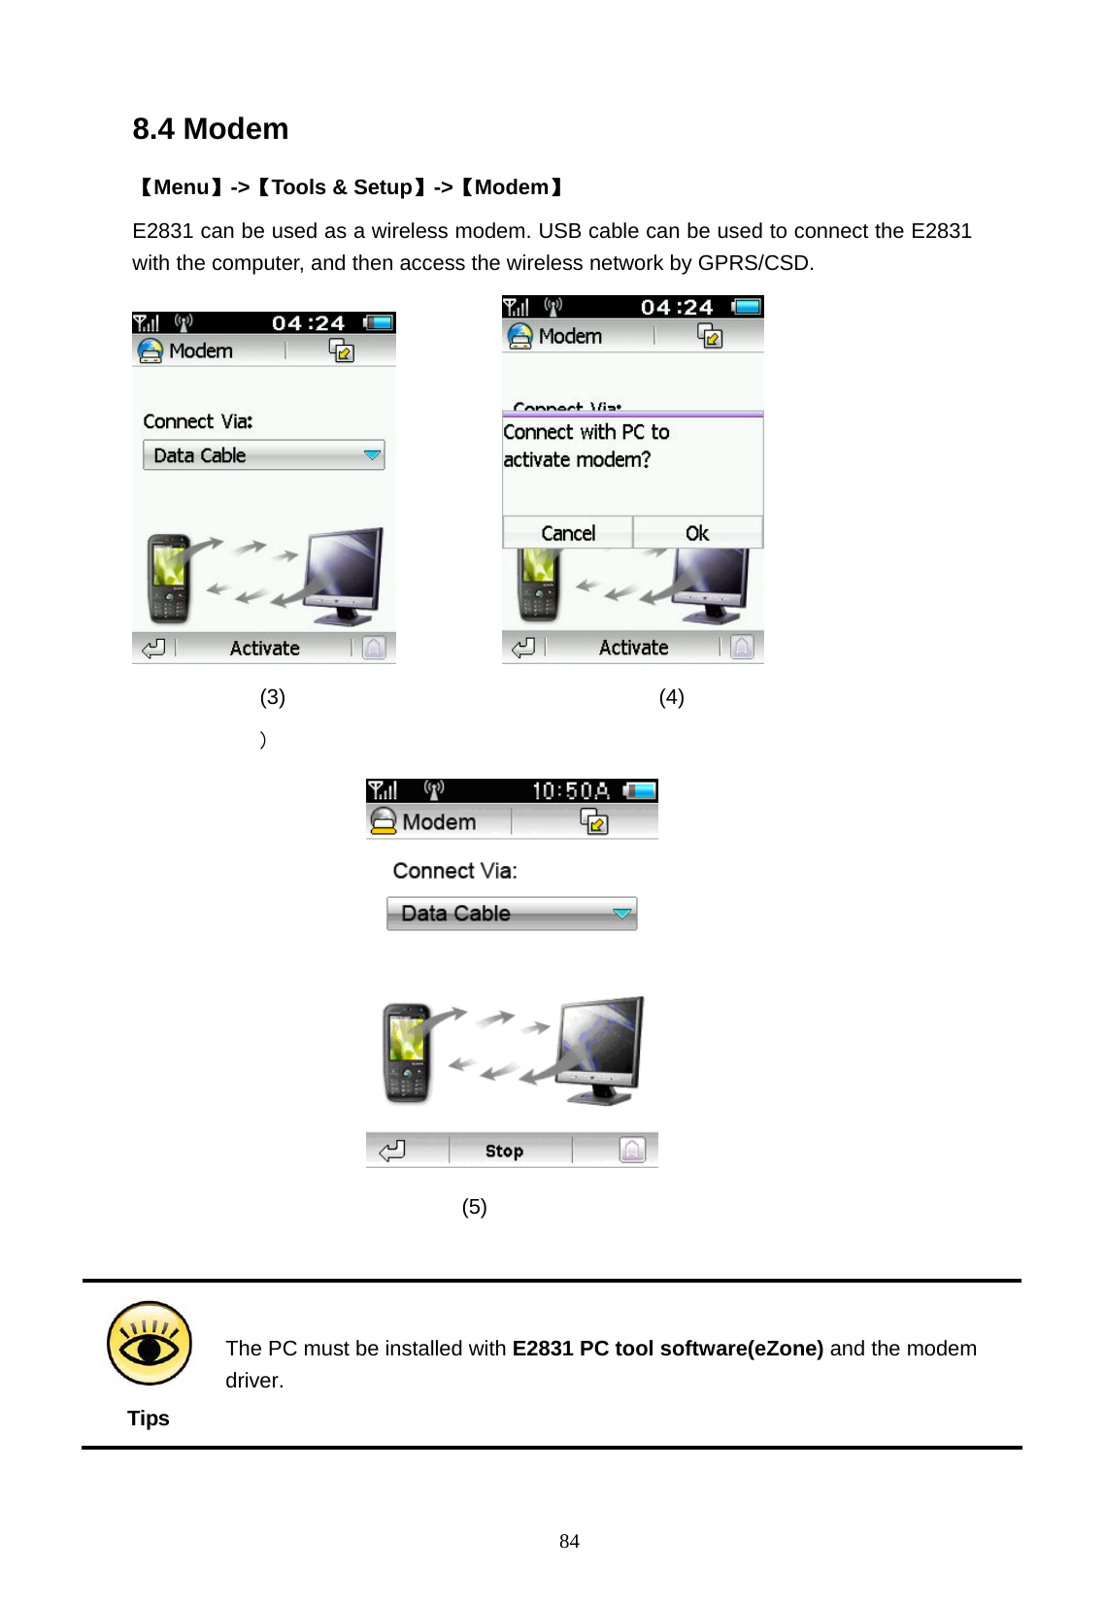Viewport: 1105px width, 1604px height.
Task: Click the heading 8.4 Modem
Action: tap(211, 129)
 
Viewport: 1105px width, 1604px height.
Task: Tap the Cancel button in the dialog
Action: tap(568, 533)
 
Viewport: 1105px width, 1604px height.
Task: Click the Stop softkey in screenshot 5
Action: tap(504, 1151)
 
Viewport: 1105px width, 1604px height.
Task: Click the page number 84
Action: tap(569, 1541)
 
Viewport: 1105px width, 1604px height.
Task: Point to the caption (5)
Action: tap(474, 1207)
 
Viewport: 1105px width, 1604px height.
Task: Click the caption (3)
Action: tap(272, 697)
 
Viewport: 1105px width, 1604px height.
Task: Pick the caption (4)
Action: tap(671, 697)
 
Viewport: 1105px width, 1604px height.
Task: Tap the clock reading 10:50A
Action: tap(571, 791)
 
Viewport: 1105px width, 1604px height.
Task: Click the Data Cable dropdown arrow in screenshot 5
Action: tap(622, 914)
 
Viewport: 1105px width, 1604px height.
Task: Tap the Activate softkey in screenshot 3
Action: tap(264, 648)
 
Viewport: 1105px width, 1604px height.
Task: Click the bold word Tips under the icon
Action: tap(149, 1419)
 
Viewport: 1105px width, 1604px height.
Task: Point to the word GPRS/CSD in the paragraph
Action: tap(753, 263)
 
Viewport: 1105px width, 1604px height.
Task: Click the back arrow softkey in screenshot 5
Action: tap(392, 1151)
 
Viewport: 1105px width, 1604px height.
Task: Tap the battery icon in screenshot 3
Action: tap(379, 322)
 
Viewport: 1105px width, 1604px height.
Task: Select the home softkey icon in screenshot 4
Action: tap(742, 647)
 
